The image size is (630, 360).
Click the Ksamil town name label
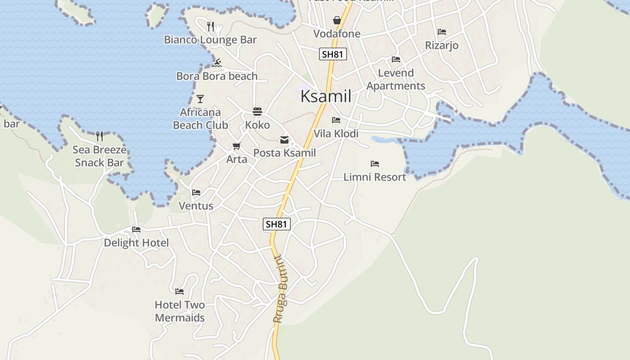[x=325, y=96]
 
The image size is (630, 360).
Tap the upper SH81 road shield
[x=333, y=54]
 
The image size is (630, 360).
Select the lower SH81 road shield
[x=276, y=224]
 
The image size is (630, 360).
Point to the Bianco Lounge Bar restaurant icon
[x=211, y=27]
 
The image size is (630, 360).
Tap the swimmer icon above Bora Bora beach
[x=217, y=63]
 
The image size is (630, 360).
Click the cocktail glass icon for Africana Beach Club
[x=200, y=99]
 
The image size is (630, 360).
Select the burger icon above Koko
[x=257, y=112]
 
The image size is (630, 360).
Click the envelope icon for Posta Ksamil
[x=284, y=140]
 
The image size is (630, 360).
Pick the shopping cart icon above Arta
[x=236, y=146]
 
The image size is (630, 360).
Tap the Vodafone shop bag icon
[x=337, y=20]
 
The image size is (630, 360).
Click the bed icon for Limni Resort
[x=374, y=164]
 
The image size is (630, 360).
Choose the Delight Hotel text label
[x=136, y=243]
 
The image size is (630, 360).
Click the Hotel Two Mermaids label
[x=180, y=311]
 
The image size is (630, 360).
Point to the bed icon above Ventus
[x=196, y=193]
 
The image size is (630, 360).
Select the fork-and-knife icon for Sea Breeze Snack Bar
[x=99, y=136]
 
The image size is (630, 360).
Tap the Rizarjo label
[x=441, y=45]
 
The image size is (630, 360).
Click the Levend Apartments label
[x=396, y=79]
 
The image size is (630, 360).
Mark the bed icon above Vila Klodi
[x=336, y=120]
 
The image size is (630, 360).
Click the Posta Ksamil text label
[x=284, y=153]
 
